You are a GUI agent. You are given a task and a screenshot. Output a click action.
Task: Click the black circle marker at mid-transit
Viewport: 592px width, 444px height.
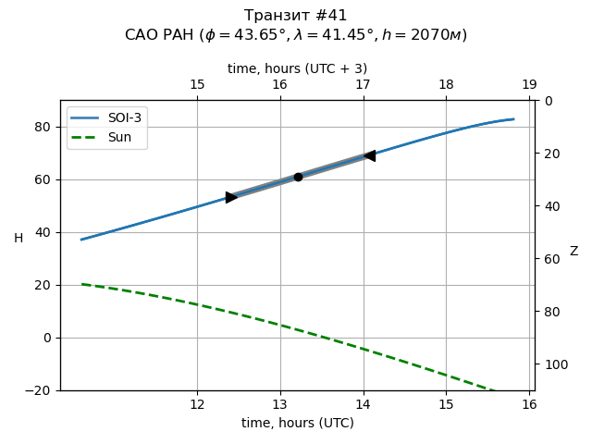298,177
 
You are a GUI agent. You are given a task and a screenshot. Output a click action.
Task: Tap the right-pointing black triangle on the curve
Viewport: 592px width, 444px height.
231,197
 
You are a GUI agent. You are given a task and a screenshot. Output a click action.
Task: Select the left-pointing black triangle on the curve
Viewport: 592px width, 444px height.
369,155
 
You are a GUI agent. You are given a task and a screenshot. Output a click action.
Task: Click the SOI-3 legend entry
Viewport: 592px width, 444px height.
107,118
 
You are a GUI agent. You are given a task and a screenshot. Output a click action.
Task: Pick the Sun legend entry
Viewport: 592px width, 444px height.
107,137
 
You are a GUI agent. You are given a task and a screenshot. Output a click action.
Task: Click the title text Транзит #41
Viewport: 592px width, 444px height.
296,16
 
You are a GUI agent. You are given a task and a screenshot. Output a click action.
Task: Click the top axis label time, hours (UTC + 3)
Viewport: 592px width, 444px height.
297,68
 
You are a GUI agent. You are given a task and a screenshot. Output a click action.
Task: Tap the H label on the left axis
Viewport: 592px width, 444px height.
18,239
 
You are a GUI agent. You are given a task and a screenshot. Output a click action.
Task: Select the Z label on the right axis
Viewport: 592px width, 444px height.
573,252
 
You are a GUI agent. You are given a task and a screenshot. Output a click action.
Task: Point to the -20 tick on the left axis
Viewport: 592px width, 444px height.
41,390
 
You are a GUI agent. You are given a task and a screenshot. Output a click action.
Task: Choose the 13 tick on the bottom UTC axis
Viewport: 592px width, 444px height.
280,404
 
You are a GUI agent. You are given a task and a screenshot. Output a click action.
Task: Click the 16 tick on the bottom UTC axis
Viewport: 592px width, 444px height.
529,404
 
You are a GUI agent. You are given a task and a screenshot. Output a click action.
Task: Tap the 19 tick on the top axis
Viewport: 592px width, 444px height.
529,85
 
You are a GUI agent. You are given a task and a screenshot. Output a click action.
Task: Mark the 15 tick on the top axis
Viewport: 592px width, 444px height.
197,85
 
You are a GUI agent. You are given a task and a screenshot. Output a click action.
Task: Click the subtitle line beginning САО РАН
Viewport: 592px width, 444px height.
296,35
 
